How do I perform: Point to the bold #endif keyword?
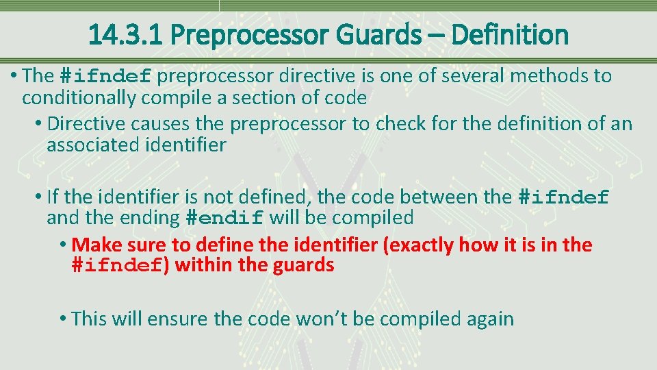coord(224,219)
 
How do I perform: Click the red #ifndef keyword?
coord(116,266)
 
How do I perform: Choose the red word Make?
coord(95,245)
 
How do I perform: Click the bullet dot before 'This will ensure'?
coord(62,319)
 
